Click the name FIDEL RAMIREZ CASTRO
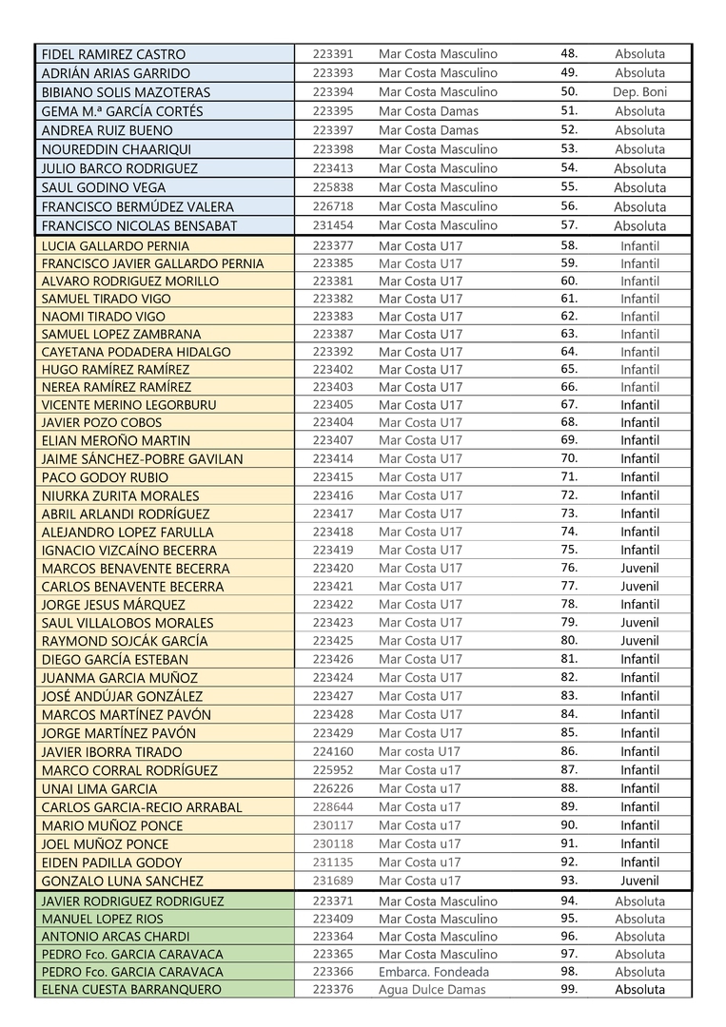(114, 54)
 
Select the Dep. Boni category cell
(639, 92)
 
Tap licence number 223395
(332, 111)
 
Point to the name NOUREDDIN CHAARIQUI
(116, 149)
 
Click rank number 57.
(569, 225)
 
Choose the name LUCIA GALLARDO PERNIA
(115, 245)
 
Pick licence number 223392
(332, 352)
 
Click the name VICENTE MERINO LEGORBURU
(129, 405)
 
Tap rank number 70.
(569, 458)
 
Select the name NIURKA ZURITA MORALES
(121, 495)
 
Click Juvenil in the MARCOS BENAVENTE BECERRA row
(639, 569)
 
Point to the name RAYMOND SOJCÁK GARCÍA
(125, 641)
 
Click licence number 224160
(332, 751)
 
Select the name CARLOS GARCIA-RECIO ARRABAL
(142, 807)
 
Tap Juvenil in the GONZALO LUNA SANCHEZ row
(639, 881)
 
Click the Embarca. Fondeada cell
(434, 972)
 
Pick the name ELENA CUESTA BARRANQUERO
(131, 990)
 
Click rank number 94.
(569, 901)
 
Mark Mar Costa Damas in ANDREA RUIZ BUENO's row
(428, 130)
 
